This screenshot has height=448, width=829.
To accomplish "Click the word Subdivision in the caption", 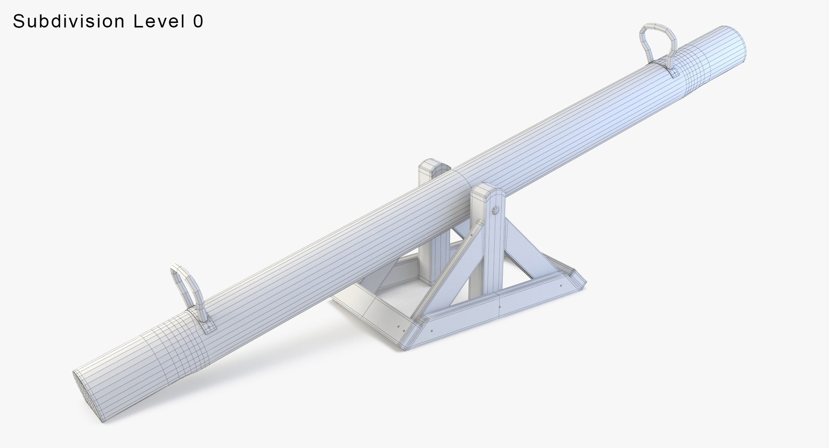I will (70, 21).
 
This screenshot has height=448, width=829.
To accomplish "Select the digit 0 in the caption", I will (198, 21).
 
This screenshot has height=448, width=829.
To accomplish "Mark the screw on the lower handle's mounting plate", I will (209, 327).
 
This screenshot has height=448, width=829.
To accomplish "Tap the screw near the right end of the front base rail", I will (560, 286).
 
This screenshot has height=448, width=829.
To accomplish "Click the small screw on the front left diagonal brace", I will (471, 236).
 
